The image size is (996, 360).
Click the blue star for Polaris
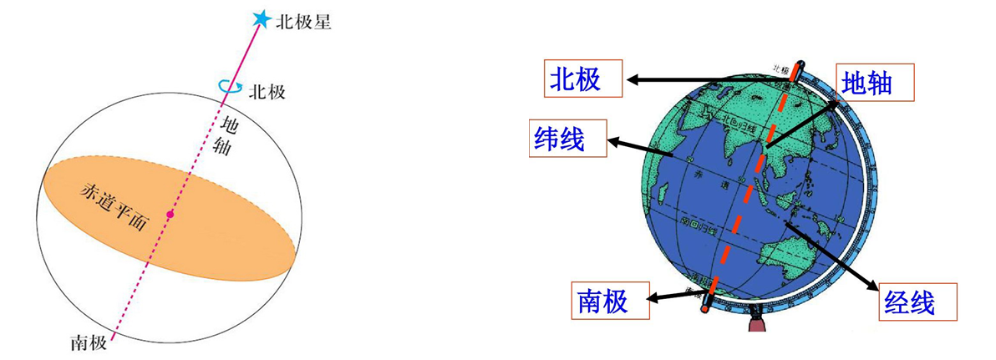pyautogui.click(x=262, y=18)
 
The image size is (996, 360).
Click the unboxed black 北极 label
pyautogui.click(x=267, y=91)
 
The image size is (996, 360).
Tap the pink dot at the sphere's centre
pyautogui.click(x=170, y=215)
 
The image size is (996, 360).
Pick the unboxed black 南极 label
pyautogui.click(x=89, y=342)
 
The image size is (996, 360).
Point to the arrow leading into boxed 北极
pyautogui.click(x=668, y=80)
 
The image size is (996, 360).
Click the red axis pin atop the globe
pyautogui.click(x=800, y=68)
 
